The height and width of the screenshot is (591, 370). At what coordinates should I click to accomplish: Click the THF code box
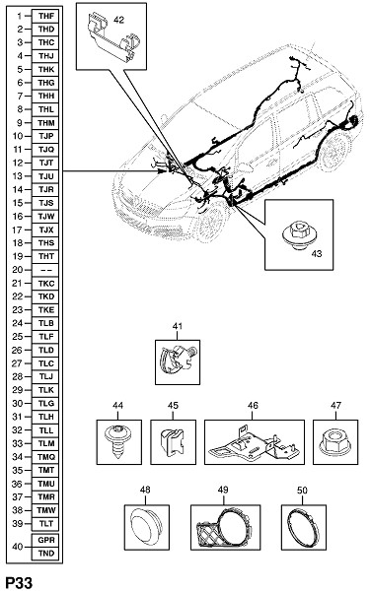tap(45, 16)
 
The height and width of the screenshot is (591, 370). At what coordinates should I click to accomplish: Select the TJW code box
tap(45, 217)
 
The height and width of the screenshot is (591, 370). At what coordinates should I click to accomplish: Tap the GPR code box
tap(45, 540)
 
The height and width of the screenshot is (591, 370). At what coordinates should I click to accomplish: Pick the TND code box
tap(45, 553)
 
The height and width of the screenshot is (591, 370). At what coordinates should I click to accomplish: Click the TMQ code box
tap(45, 457)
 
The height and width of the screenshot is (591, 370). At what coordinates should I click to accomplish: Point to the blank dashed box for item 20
tap(45, 270)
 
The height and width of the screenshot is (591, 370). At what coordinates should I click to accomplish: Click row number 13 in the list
tap(18, 176)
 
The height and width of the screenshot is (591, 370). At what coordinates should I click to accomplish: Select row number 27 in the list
tap(18, 363)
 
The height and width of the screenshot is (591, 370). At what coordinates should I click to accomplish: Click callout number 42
tap(118, 20)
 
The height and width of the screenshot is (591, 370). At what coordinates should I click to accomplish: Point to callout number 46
tap(253, 405)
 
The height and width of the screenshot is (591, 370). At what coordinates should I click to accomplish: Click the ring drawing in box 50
tap(303, 528)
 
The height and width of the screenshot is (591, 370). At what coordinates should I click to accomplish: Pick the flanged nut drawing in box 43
tap(299, 236)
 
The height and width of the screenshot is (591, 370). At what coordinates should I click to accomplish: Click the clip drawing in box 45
tap(173, 442)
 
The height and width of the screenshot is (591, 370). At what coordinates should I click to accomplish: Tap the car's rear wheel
tap(334, 150)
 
